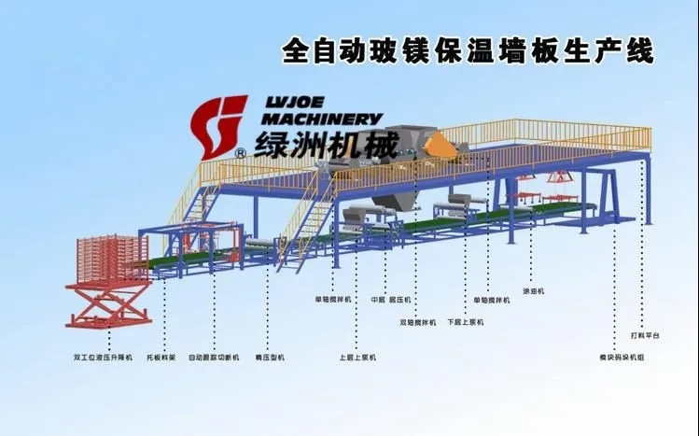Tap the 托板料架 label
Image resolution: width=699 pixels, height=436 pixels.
point(166,357)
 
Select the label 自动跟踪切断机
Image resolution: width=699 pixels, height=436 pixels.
point(214,357)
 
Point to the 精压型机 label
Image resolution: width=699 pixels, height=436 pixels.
point(270,357)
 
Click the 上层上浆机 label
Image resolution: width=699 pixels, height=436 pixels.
point(356,357)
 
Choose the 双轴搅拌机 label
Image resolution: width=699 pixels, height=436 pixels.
point(417,323)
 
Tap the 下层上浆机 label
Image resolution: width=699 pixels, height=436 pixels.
point(464,323)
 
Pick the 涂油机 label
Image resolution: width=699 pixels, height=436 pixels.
point(533,291)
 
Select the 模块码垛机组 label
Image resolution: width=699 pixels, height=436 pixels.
point(621,357)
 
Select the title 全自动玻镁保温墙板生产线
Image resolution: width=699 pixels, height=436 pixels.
point(467,49)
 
